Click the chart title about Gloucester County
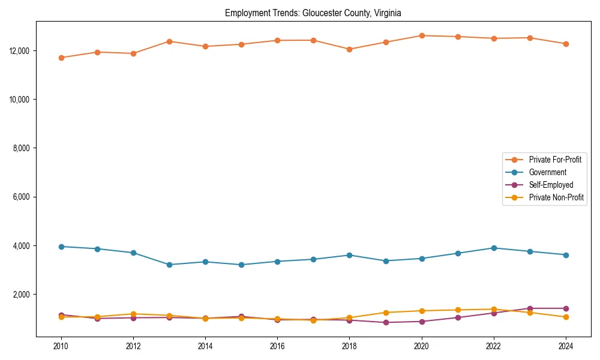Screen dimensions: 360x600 (313, 13)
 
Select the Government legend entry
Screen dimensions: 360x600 (547, 172)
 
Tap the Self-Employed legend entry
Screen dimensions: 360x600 (551, 185)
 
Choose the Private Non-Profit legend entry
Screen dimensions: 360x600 (556, 197)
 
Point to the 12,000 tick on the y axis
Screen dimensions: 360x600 (21, 50)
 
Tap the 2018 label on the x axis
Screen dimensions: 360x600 (349, 346)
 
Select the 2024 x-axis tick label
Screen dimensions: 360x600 (565, 346)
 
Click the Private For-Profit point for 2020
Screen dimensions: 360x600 (421, 35)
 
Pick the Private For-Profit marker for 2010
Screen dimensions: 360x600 (61, 58)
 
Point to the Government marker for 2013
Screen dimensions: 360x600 (169, 265)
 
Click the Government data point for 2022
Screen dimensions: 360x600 (493, 248)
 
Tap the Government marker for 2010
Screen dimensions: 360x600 (61, 247)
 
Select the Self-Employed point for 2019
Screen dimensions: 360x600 (385, 322)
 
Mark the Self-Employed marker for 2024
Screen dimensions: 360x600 (565, 308)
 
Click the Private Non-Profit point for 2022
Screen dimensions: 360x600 (493, 309)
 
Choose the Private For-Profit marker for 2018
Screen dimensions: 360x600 (349, 49)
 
